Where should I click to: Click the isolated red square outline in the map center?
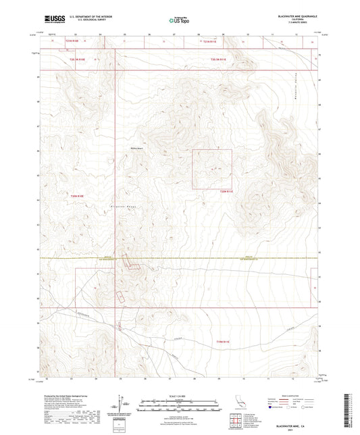point(212,168)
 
